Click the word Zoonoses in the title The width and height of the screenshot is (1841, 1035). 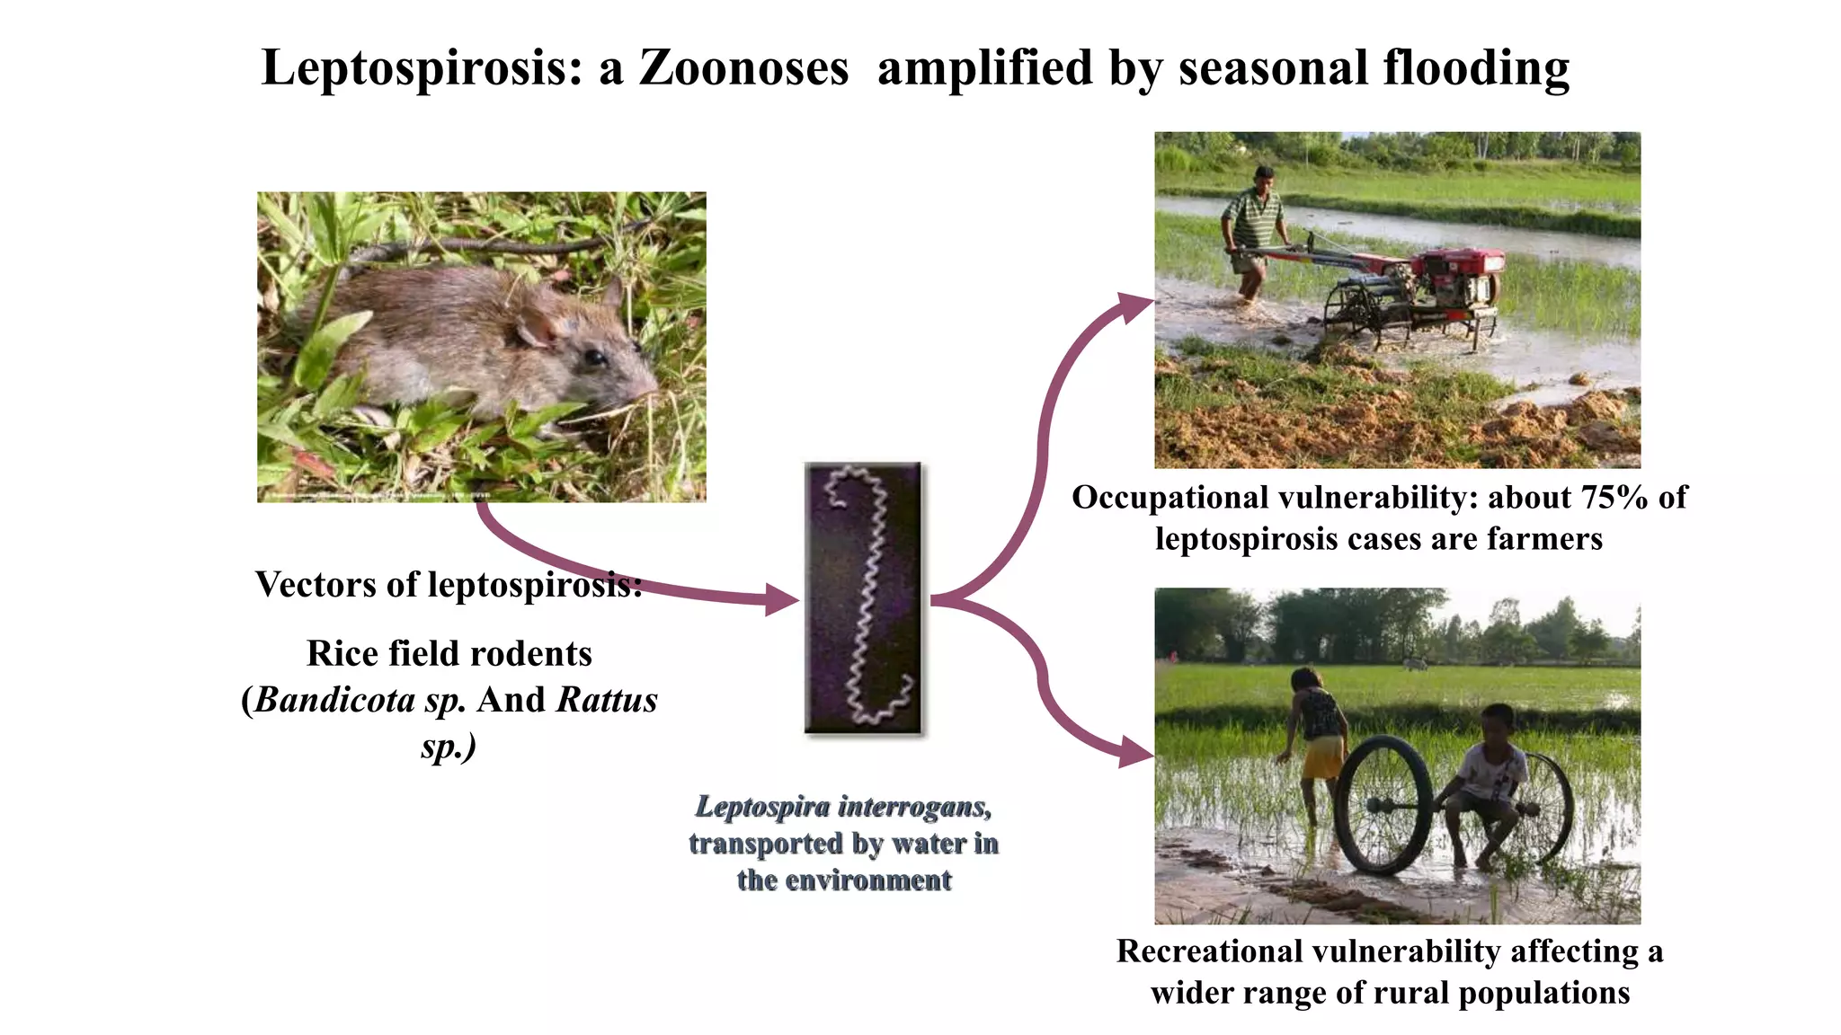pos(743,68)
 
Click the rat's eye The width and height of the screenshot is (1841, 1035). pos(594,358)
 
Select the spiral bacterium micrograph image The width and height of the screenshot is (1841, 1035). pos(863,598)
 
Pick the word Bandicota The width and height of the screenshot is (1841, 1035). pos(334,700)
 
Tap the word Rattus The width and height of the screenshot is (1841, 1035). pos(607,700)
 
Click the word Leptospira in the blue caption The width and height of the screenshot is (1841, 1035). pos(762,807)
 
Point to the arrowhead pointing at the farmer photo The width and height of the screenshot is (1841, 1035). pos(1134,306)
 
